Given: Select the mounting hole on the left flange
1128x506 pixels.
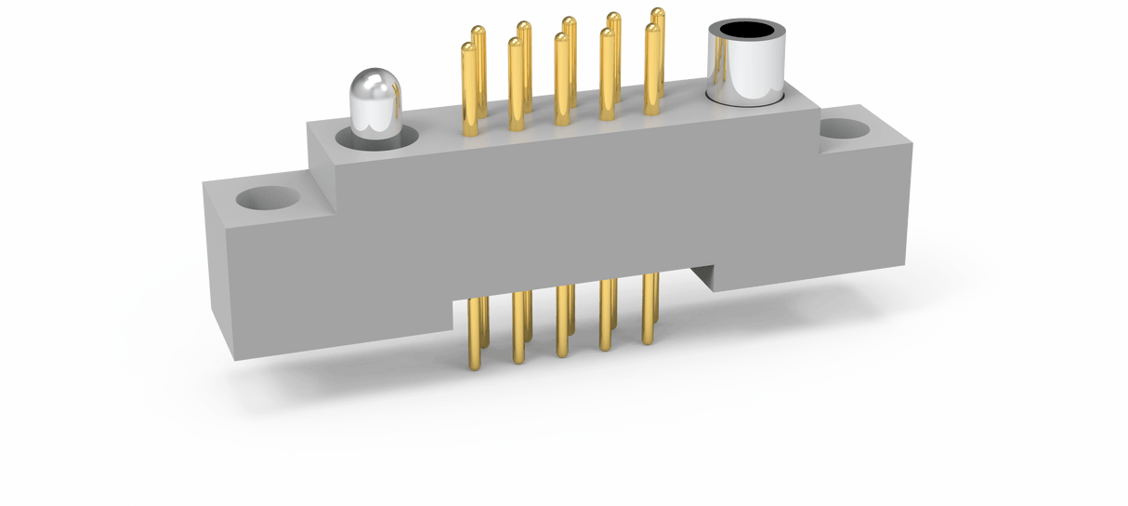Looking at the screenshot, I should tap(264, 199).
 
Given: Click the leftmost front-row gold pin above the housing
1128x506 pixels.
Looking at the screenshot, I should tap(469, 93).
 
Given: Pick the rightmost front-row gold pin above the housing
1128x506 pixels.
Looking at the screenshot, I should tap(651, 74).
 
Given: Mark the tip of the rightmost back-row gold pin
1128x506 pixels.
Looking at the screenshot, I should tap(658, 14).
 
